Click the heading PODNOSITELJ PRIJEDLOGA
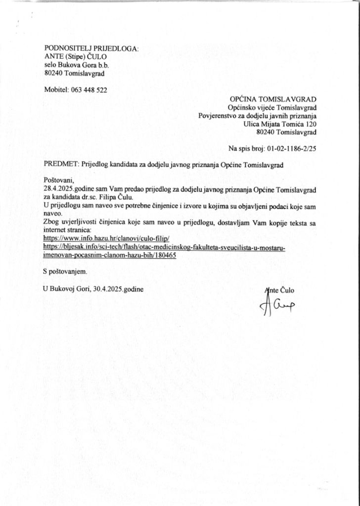[x=91, y=48]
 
